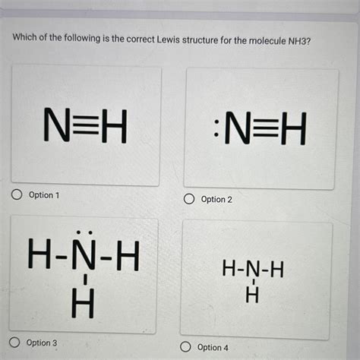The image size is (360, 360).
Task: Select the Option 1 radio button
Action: [x=15, y=195]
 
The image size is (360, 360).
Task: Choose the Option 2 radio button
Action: [x=188, y=199]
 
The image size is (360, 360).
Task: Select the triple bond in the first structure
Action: [x=84, y=126]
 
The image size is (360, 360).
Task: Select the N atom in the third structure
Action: [x=84, y=258]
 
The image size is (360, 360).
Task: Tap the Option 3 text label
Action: [x=42, y=343]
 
